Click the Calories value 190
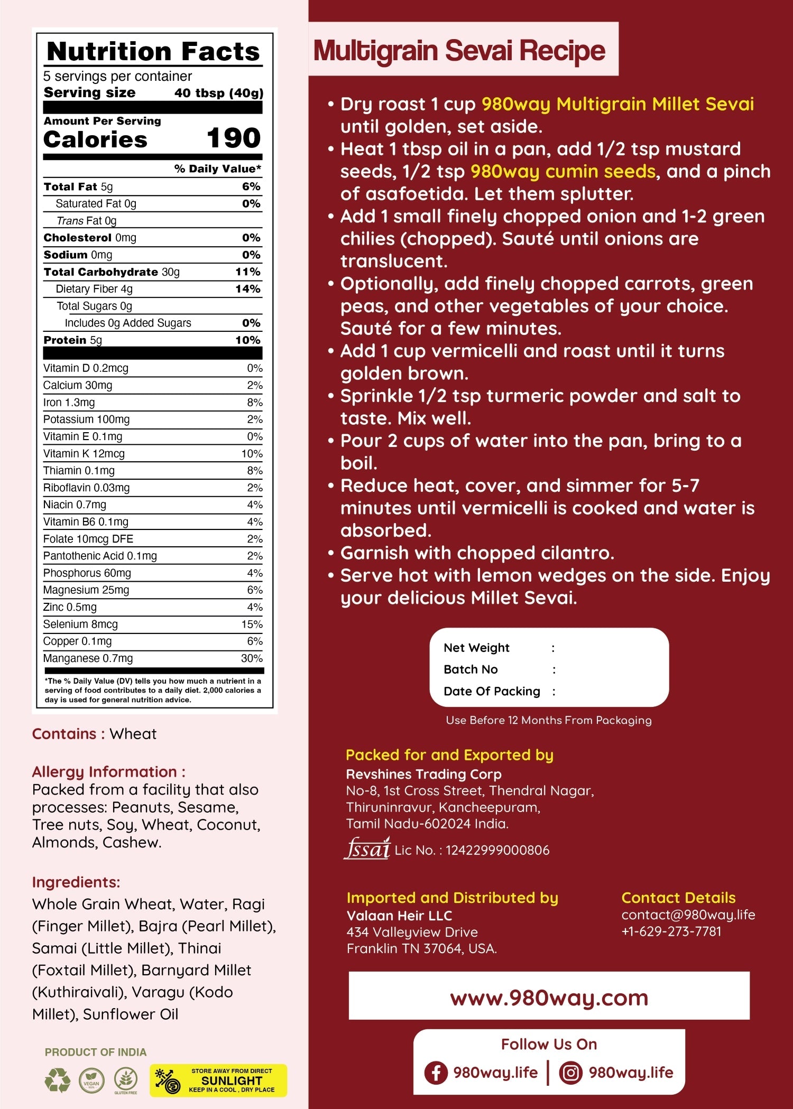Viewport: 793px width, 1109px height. click(x=233, y=138)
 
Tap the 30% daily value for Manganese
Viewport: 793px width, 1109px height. click(x=252, y=658)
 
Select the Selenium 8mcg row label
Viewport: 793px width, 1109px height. click(x=80, y=624)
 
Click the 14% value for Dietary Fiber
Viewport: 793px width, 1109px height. click(x=248, y=289)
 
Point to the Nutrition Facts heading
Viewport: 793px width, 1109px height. click(x=153, y=51)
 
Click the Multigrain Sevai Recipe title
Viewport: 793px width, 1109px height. click(x=459, y=51)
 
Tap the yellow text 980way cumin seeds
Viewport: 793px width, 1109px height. click(x=563, y=171)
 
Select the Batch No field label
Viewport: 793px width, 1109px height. click(x=471, y=669)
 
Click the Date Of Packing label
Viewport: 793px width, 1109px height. click(x=492, y=691)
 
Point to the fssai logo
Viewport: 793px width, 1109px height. click(x=367, y=849)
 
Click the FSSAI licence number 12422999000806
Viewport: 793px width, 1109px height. click(x=497, y=850)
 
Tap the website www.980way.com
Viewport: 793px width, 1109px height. click(x=549, y=998)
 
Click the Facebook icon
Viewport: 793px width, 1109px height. click(x=436, y=1073)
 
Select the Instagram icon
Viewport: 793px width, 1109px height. click(x=570, y=1073)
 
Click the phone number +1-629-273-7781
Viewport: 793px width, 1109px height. click(x=671, y=931)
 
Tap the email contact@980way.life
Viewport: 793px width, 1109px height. click(x=688, y=915)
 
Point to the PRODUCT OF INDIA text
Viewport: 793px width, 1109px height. click(x=96, y=1052)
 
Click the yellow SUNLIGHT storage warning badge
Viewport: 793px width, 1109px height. click(x=218, y=1080)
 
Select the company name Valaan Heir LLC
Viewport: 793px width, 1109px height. click(x=399, y=916)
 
